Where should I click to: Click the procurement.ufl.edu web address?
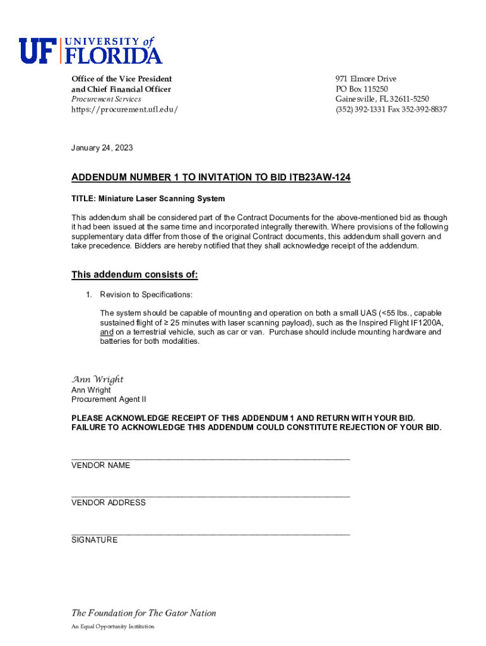[124, 109]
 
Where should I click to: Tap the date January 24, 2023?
[102, 148]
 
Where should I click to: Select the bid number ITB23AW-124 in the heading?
[319, 178]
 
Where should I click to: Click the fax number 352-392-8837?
[427, 109]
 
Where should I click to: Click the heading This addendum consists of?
[134, 274]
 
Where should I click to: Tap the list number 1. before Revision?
[90, 295]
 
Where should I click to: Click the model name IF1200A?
[427, 323]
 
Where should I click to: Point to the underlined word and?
[107, 332]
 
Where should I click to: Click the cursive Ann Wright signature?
[97, 379]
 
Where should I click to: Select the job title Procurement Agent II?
[109, 399]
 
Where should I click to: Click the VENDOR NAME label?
[101, 466]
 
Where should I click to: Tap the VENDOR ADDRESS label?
[109, 503]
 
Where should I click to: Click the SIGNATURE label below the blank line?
[94, 540]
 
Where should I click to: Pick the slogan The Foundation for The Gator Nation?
[143, 613]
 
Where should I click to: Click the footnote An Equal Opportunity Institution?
[112, 626]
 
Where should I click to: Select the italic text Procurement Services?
[106, 99]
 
